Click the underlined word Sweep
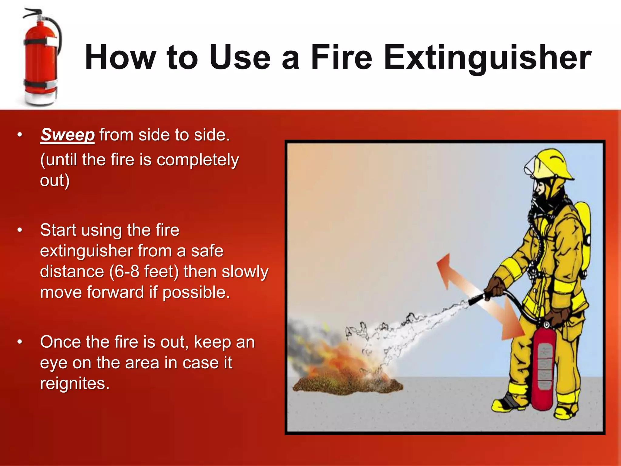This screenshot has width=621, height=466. [x=68, y=135]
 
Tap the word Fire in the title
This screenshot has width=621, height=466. [x=341, y=58]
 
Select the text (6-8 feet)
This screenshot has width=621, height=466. [x=144, y=272]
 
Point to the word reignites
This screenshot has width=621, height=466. [x=74, y=383]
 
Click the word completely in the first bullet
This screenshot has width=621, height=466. [x=198, y=160]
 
